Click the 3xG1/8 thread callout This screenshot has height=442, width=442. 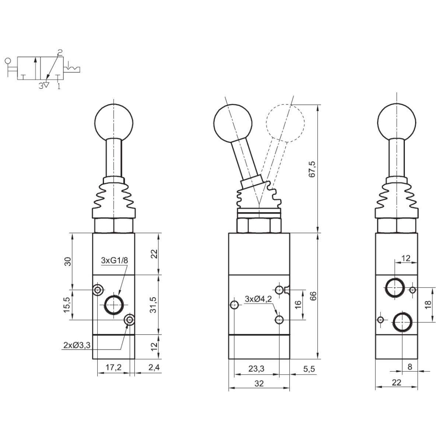[x=114, y=260]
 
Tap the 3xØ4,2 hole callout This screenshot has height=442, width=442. [x=258, y=299]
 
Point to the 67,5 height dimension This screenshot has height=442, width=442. [x=312, y=169]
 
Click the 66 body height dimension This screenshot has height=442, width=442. [x=313, y=296]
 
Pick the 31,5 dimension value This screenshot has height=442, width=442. [x=154, y=305]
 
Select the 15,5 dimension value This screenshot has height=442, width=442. [x=67, y=305]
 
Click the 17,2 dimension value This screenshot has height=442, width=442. [x=113, y=367]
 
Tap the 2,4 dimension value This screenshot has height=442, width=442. [x=154, y=367]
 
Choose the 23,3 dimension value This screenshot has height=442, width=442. [x=256, y=369]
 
